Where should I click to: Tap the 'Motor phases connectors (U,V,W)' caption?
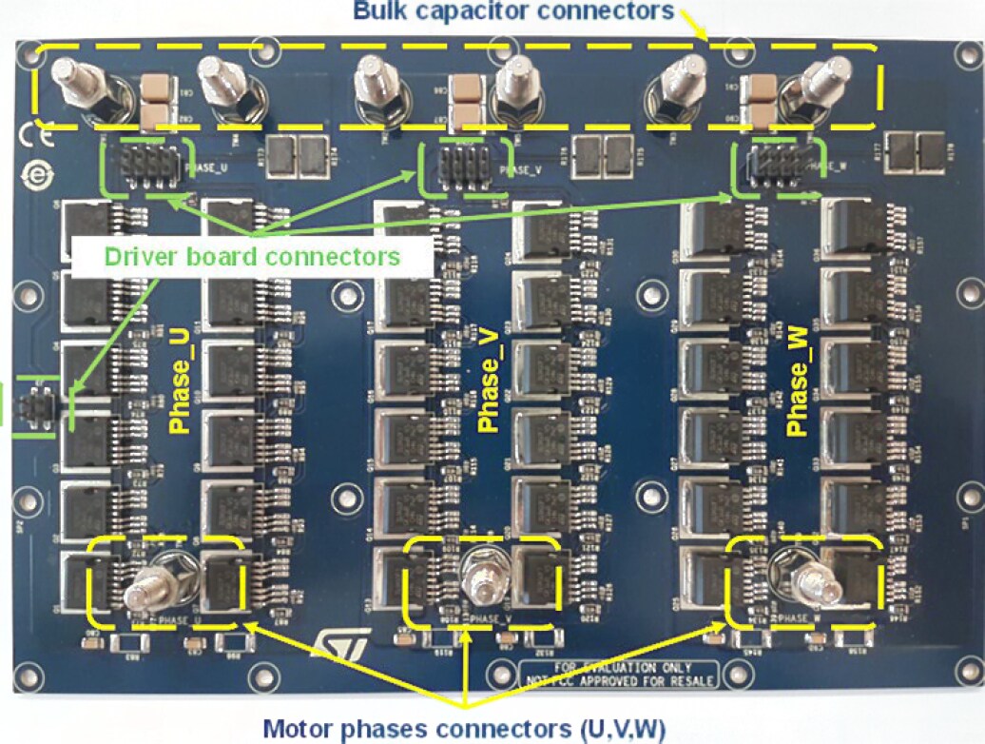(x=464, y=729)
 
